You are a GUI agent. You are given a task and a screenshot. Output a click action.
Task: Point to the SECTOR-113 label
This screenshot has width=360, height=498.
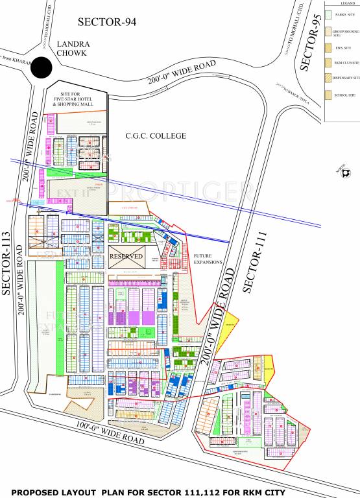point(8,263)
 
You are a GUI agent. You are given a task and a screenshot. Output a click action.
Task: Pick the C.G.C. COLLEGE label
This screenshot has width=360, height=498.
point(156,136)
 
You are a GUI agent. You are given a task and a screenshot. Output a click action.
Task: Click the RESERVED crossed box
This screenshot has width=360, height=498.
point(126,256)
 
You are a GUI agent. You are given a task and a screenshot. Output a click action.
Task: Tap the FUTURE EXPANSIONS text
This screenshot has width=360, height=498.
point(208,259)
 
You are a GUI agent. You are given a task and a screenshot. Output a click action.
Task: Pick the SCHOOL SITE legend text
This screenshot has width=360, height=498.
point(344,95)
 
